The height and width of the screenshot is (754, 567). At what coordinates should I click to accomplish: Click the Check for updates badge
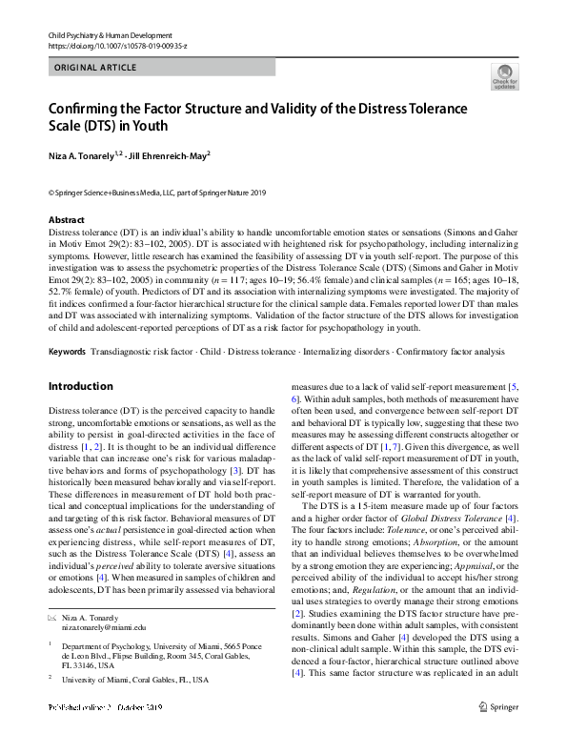503,78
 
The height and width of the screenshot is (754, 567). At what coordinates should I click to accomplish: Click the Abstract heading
66,219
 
